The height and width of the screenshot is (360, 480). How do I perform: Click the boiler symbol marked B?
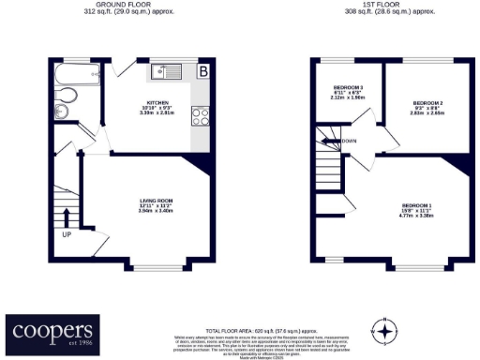coord(202,70)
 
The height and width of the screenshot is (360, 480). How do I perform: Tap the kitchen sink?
coord(169,70)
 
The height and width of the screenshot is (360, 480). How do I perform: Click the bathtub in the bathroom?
coord(69,72)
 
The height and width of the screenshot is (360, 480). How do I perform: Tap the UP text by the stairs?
coord(67,234)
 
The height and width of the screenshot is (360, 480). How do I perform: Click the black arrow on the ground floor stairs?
coord(67,219)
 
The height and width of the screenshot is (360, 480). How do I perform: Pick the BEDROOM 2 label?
coord(427,102)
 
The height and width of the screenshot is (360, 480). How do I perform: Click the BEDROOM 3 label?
coord(348,87)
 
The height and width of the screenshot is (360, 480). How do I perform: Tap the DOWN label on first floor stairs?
coord(350,142)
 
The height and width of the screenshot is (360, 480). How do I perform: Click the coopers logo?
coord(52,331)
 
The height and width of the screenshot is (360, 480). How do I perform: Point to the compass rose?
coord(383,331)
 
